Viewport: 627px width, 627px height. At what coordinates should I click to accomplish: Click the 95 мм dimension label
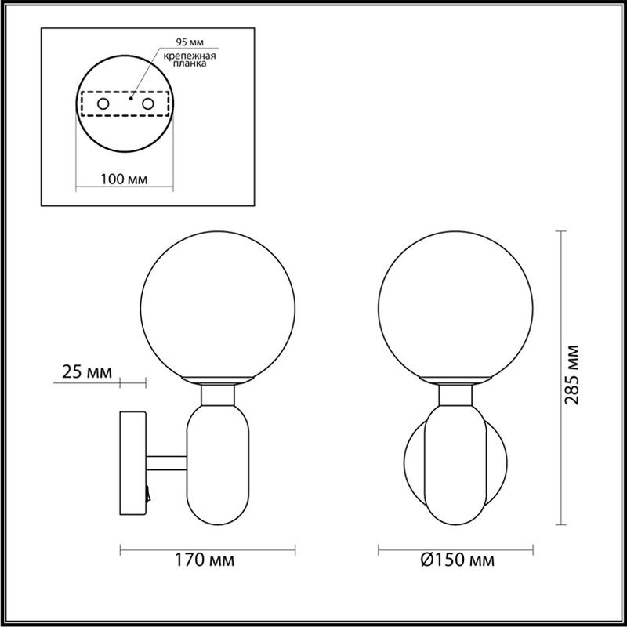[x=190, y=42]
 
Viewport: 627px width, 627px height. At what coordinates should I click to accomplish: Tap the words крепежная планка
[x=190, y=60]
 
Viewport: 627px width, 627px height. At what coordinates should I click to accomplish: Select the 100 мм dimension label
[x=124, y=179]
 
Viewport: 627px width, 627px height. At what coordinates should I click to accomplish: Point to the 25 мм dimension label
[x=87, y=372]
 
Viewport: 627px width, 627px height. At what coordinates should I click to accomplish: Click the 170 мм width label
[x=205, y=560]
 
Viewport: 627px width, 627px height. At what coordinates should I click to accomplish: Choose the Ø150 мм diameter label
[x=458, y=560]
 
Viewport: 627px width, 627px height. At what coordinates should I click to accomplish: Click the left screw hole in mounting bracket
[x=103, y=104]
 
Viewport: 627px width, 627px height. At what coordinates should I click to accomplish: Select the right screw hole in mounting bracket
[x=147, y=104]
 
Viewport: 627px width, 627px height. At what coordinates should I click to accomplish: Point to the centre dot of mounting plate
[x=130, y=99]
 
